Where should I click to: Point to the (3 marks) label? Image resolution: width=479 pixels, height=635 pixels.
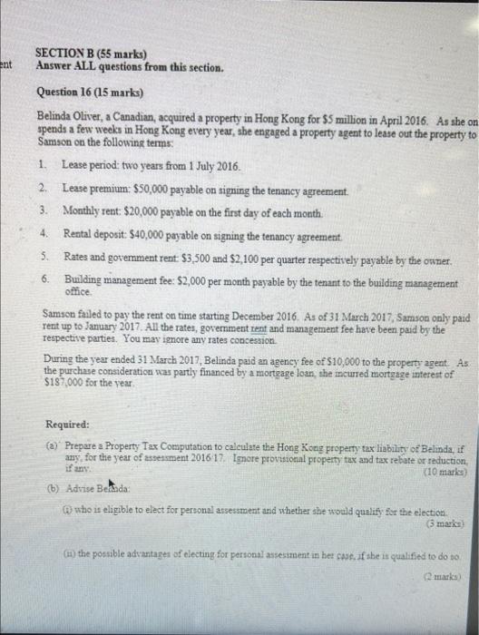coord(445,523)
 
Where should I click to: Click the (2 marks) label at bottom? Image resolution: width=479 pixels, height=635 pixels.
coord(445,574)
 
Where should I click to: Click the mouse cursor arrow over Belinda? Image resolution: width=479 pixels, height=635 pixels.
coord(111,484)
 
